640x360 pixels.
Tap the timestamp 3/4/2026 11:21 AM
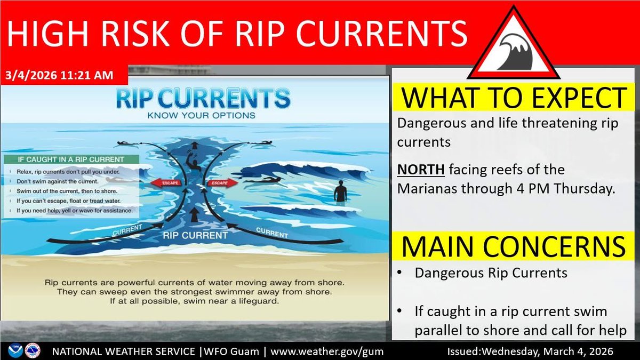(x=61, y=76)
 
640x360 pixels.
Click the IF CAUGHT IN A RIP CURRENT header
(x=71, y=159)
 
